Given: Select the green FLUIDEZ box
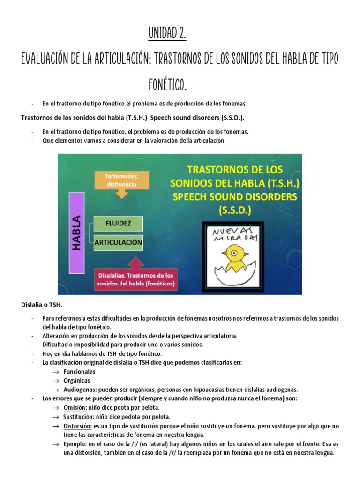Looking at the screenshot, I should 118,223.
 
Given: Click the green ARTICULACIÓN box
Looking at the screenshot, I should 118,242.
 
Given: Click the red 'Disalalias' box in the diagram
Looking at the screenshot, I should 135,279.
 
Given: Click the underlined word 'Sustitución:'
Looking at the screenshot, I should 78,416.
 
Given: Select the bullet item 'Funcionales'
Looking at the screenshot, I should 80,371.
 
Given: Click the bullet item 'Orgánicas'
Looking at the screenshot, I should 77,380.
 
